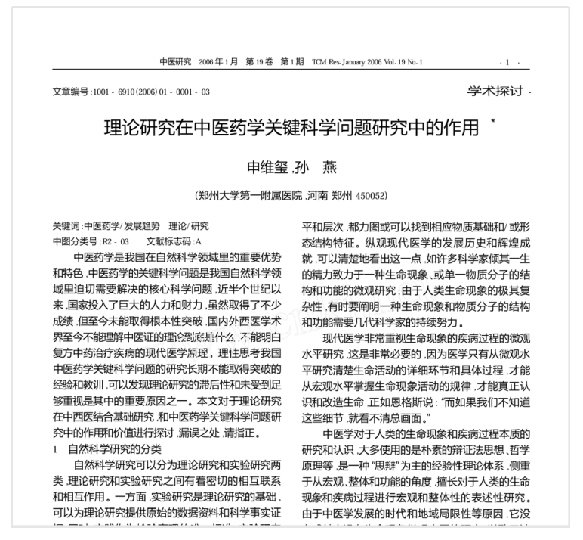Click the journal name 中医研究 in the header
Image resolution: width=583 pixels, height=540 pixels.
coord(176,61)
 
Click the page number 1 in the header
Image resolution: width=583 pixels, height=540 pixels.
coord(507,62)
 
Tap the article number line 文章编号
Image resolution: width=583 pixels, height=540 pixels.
coord(131,92)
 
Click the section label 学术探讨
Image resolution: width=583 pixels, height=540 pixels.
coord(495,91)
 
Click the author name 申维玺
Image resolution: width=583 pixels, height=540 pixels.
coord(268,167)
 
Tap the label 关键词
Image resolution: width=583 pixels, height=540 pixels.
coord(66,226)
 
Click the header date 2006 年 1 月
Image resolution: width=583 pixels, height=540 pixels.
coord(218,61)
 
